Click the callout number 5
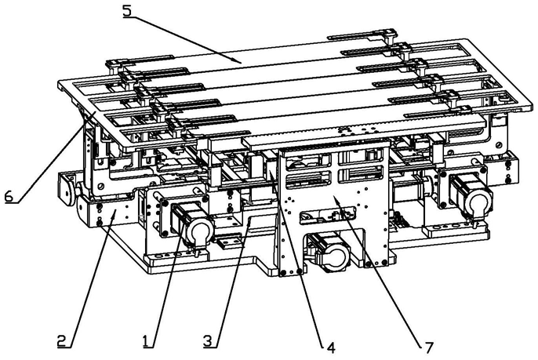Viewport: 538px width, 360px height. pos(128,11)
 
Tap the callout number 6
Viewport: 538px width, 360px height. pos(9,197)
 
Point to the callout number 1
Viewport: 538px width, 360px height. pos(146,340)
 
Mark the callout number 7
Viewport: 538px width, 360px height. pos(427,345)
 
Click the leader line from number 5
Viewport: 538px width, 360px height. pos(188,37)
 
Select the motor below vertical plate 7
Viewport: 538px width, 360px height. pos(330,253)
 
